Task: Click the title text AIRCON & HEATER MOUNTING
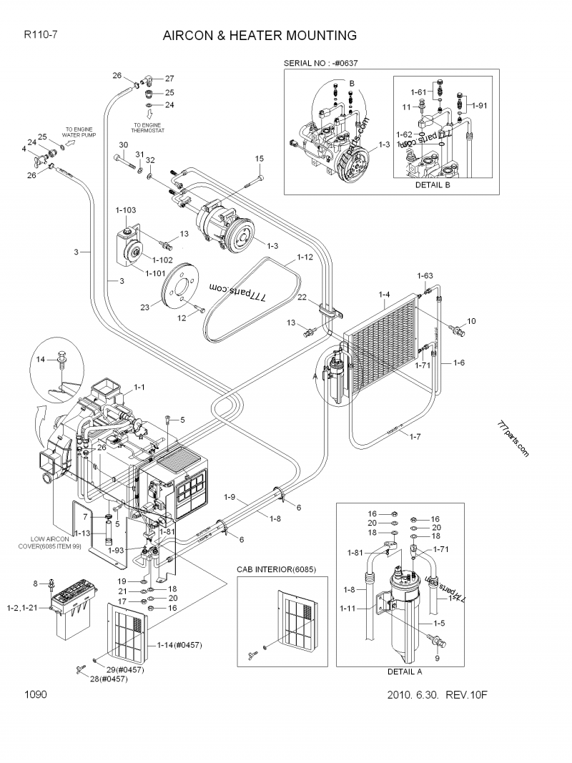click(260, 35)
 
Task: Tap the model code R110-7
click(40, 34)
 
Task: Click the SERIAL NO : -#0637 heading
click(321, 63)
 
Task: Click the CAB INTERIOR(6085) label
click(276, 569)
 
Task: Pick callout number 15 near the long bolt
click(260, 158)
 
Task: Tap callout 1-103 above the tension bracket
click(126, 210)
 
